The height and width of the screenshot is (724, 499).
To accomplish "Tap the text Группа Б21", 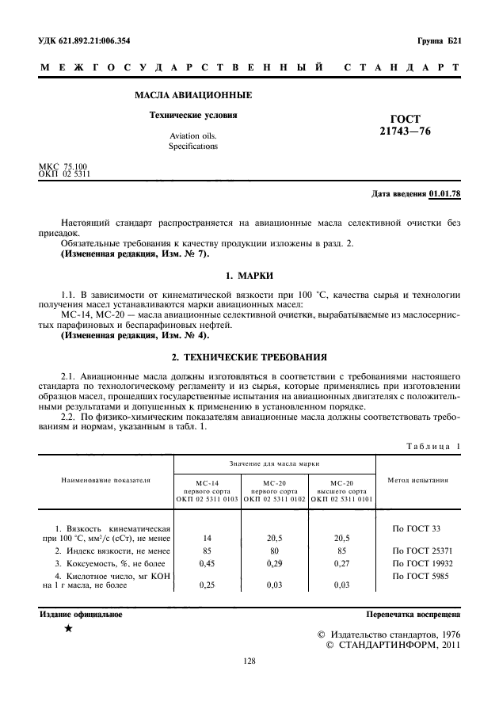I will pos(438,40).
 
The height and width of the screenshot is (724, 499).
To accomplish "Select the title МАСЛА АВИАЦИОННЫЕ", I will pos(193,96).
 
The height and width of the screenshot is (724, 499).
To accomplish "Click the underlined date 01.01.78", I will pos(445,193).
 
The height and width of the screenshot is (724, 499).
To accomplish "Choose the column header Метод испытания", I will pos(418,480).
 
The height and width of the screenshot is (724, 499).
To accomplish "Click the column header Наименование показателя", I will pos(106,480).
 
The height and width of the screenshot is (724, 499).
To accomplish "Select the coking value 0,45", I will pos(208,562).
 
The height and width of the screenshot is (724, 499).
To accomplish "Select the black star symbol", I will pos(69,628).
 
